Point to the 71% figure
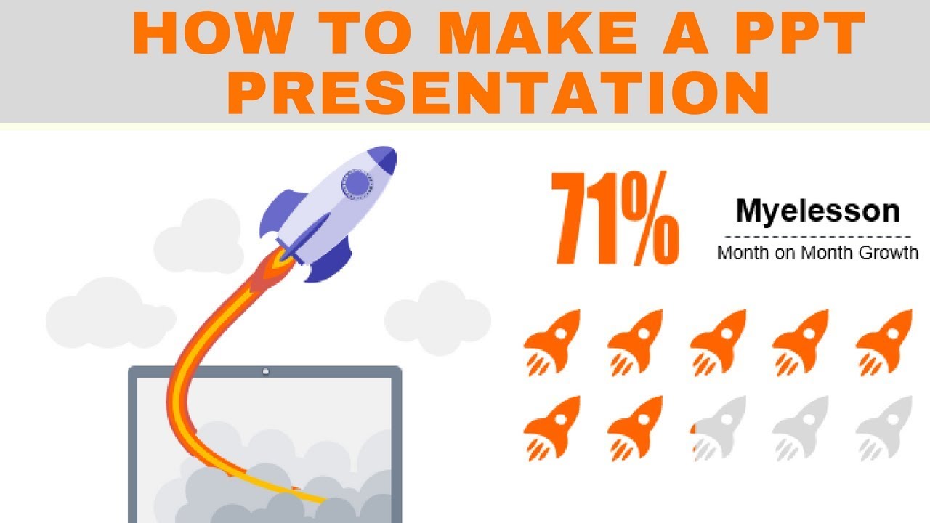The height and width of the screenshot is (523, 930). [x=615, y=219]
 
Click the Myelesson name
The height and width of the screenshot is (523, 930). [x=817, y=211]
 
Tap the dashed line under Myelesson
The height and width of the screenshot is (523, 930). [x=817, y=236]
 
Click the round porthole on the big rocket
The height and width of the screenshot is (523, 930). [x=356, y=184]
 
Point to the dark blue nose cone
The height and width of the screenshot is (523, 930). [x=384, y=159]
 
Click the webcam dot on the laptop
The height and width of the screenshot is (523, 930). [x=265, y=372]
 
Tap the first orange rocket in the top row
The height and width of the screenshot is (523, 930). [x=553, y=341]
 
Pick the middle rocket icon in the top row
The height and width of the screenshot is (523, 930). [x=719, y=341]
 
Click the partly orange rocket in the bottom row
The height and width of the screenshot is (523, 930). [x=719, y=428]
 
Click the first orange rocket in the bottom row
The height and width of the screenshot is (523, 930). [x=553, y=428]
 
